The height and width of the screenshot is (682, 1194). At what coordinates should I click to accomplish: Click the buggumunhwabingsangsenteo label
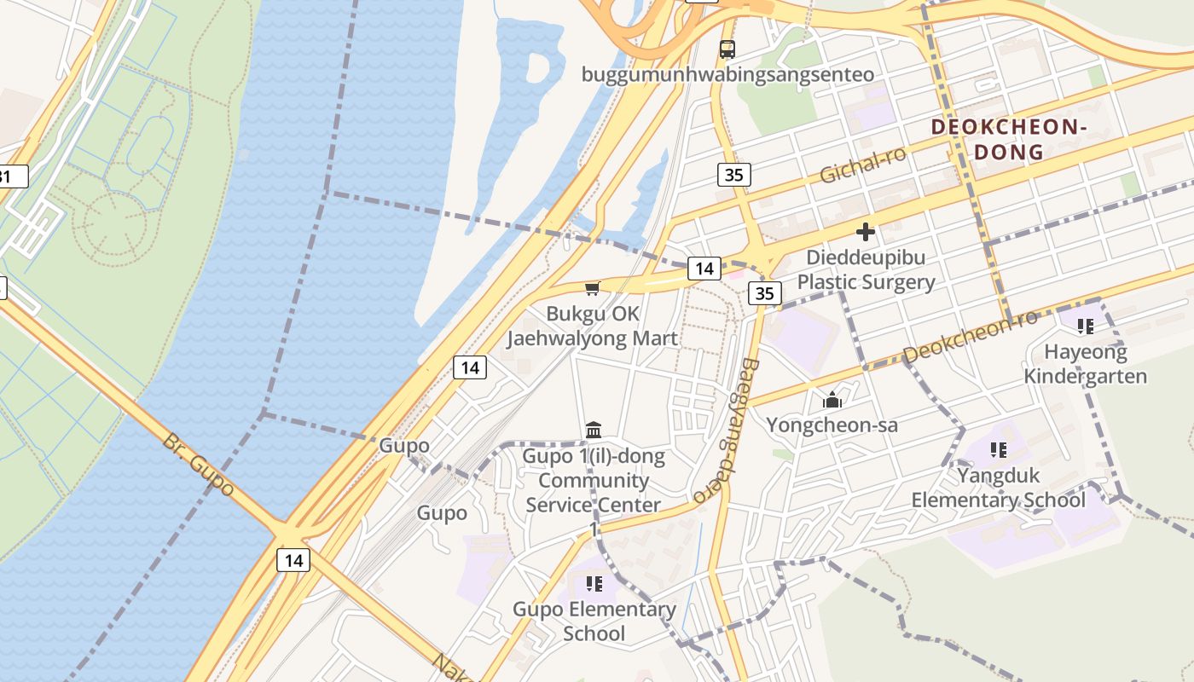pos(727,75)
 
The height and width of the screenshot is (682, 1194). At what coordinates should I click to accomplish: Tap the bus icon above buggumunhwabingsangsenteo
pos(727,49)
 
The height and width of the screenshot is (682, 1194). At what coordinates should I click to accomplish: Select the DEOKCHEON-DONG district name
pos(1009,140)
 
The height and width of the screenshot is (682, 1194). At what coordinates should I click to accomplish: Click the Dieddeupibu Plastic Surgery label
pos(866,269)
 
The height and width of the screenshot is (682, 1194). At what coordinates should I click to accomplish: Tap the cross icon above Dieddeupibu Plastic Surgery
pos(866,231)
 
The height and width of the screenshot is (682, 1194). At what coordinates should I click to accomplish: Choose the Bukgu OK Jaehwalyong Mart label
pos(593,326)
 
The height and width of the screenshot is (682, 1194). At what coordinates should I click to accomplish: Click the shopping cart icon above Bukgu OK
pos(593,288)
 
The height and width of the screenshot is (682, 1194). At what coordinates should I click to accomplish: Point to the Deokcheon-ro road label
pos(970,336)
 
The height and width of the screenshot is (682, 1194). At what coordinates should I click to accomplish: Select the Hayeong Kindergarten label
pos(1086,364)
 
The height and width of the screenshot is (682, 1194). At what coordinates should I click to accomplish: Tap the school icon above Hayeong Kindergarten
pos(1086,326)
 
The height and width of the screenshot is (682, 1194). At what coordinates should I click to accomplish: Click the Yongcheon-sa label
pos(832,425)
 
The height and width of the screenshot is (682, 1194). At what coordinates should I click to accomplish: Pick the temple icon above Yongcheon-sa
pos(832,399)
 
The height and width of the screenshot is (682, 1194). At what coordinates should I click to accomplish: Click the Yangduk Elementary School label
pos(999,487)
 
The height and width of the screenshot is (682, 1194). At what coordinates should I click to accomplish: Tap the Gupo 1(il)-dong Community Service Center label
pos(593,481)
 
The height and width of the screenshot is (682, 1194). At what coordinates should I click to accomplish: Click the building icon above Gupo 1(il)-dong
pos(594,430)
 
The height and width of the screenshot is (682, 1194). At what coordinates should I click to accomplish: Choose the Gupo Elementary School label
pos(594,621)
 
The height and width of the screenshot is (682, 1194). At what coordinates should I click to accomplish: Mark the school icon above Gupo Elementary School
pos(594,584)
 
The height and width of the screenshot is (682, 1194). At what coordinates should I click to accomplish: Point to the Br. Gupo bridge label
pos(199,465)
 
